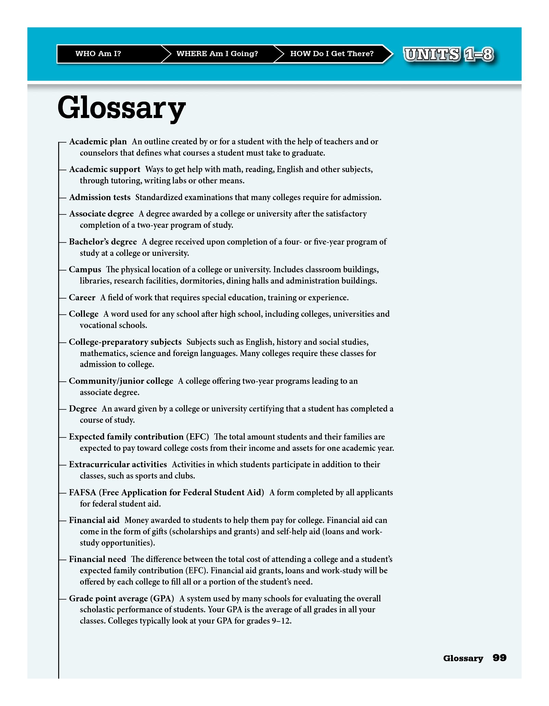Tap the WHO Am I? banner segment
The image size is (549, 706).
coord(98,54)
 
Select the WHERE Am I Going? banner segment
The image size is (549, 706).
coord(217,54)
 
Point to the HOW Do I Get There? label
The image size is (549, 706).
coord(332,54)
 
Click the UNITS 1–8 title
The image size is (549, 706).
coord(448,54)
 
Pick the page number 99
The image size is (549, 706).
coord(499,657)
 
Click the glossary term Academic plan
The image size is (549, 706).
coord(98,142)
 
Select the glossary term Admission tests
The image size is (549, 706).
coord(100,197)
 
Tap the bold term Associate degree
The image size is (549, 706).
coord(101,214)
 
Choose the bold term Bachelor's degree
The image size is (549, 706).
coord(103,242)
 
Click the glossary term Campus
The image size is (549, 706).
coord(85,270)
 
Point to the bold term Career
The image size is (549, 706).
coord(82,298)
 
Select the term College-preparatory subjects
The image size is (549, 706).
coord(125,342)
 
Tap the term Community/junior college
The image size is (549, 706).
coord(121,381)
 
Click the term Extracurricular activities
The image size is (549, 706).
coord(118,465)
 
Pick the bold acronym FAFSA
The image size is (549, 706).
coord(82,493)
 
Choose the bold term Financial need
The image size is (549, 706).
coord(98,559)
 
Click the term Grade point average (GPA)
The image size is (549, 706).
coord(121,599)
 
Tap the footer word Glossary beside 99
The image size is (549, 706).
coord(463,658)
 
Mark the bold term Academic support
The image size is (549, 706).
coord(104,169)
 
